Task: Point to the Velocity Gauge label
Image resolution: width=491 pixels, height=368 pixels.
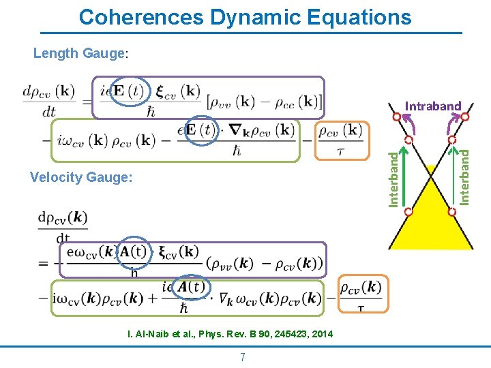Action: point(81,178)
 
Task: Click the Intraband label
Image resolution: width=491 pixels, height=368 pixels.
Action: point(433,106)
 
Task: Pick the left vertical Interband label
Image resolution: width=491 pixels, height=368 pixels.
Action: point(394,178)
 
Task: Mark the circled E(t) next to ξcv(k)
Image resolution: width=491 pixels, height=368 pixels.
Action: point(128,92)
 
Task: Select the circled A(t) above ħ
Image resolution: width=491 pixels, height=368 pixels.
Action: point(192,288)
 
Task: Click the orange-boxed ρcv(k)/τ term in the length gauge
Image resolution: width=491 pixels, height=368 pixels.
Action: point(341,140)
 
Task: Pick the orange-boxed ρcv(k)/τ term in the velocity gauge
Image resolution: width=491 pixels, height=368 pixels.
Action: point(361,296)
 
